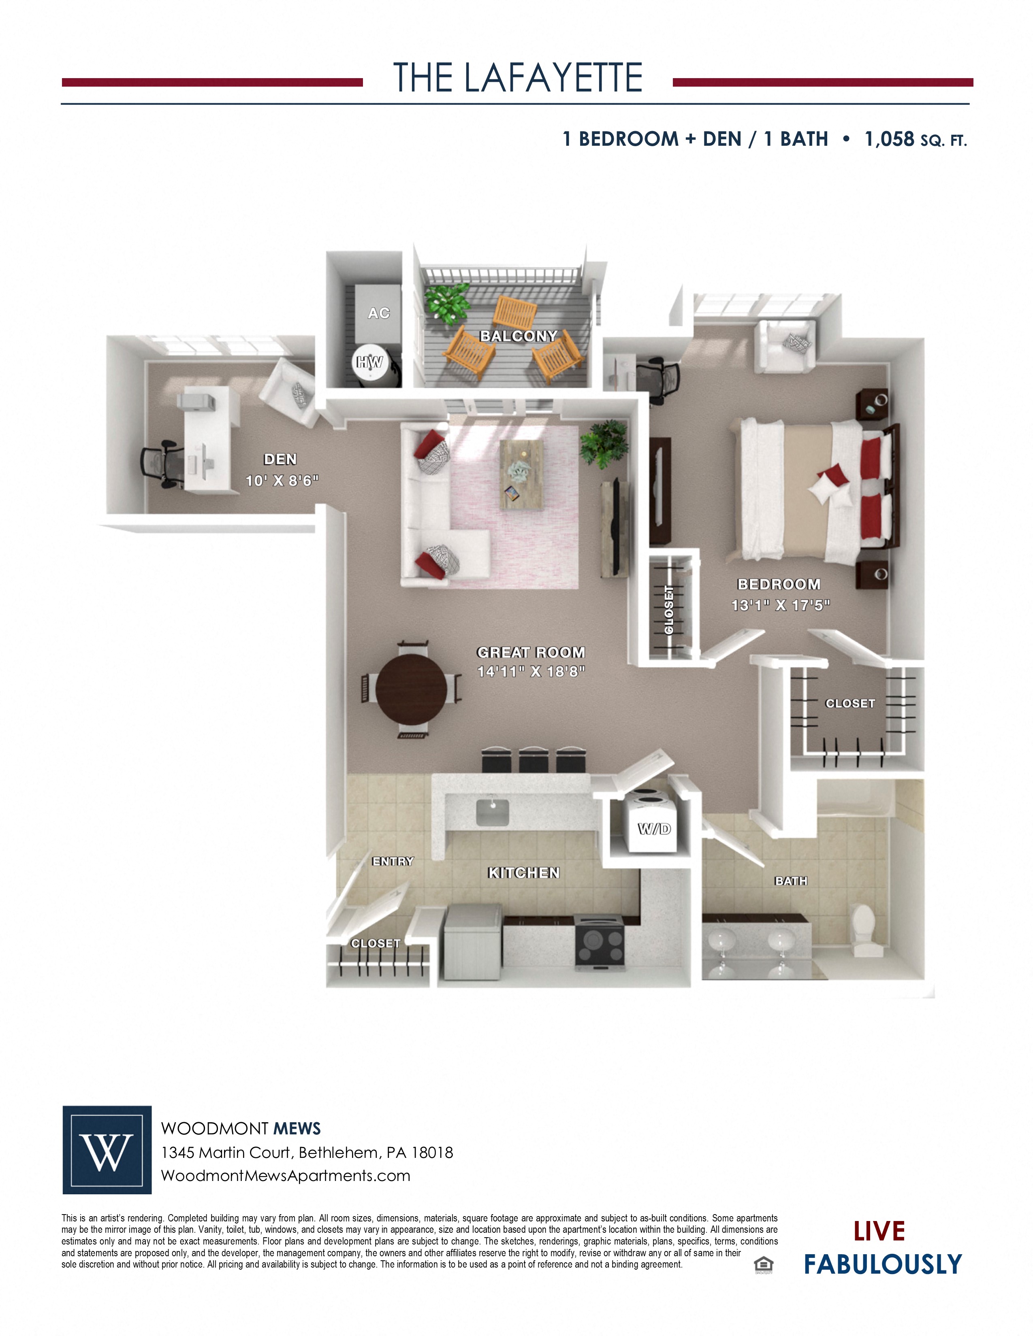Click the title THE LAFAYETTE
coord(517,78)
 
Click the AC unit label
coord(378,313)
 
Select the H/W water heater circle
coord(369,363)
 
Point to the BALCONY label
coord(519,336)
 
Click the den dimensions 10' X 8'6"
coord(282,481)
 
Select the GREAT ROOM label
coord(531,652)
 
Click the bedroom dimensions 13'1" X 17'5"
coord(780,605)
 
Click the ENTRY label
coord(393,861)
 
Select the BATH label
coord(791,881)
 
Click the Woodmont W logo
coord(107,1150)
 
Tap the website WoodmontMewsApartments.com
coord(285,1176)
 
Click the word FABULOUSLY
coord(882,1264)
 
